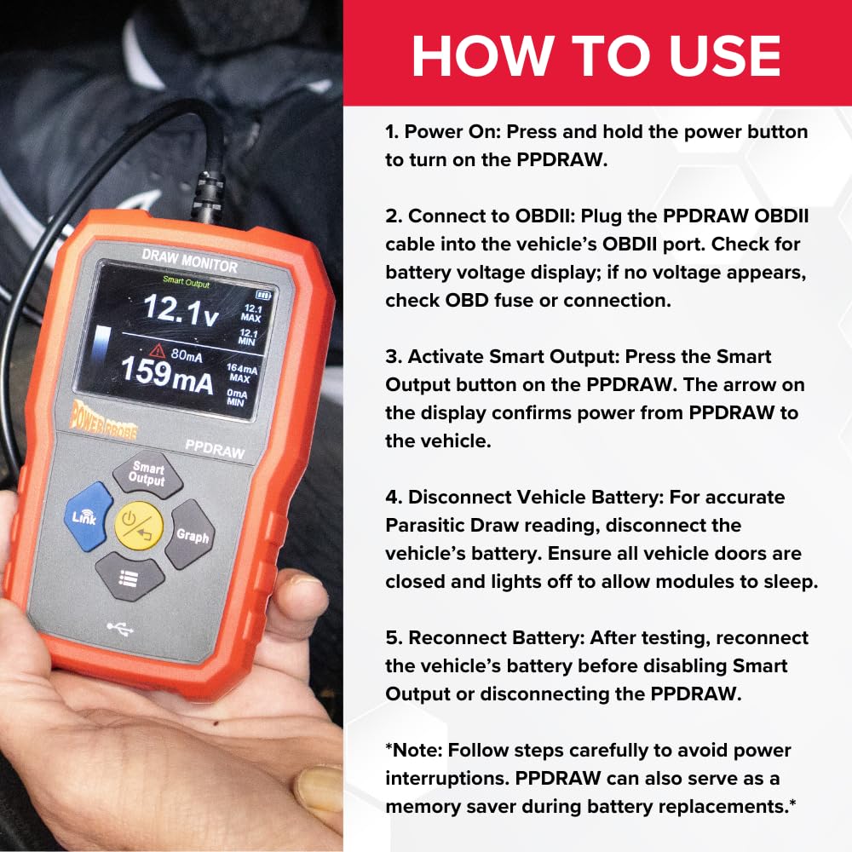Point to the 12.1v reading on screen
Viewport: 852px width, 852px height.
pos(179,308)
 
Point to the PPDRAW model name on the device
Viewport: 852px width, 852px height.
pos(215,446)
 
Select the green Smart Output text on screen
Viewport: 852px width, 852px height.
pos(186,285)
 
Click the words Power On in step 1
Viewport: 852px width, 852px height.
pos(446,132)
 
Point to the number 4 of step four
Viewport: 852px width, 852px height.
pos(391,497)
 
